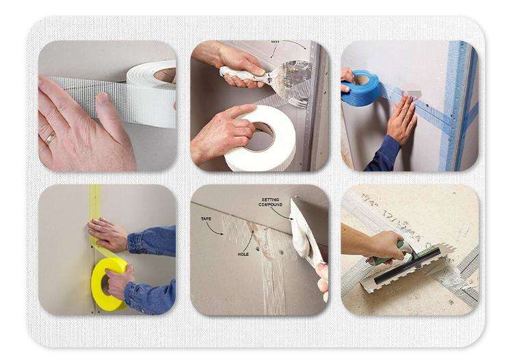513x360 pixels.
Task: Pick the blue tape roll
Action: [360, 88]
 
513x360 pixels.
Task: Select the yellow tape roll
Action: [109, 283]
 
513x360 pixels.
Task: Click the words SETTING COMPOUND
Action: [269, 203]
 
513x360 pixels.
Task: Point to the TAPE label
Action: [206, 219]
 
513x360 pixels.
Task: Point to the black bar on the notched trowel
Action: [411, 270]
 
